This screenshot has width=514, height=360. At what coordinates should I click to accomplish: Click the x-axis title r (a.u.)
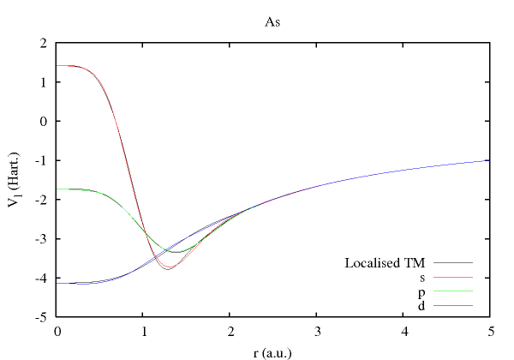(273, 351)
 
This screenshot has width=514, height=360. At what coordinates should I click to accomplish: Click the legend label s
(422, 278)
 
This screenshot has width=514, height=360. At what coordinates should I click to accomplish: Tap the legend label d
(422, 305)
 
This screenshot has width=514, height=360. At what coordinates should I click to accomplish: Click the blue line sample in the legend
(454, 305)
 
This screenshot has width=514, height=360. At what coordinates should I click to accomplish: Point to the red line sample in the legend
(454, 278)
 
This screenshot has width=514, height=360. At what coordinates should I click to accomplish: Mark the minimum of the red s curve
(170, 270)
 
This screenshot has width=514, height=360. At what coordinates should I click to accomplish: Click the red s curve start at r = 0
(58, 65)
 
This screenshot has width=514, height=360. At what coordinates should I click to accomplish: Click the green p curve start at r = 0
(58, 189)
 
